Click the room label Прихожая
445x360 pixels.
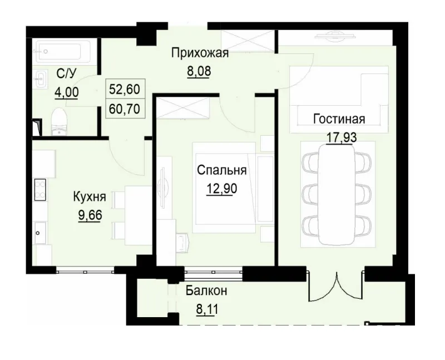tap(200, 53)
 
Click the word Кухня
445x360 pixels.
tap(90, 196)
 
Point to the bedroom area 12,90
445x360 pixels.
tap(221, 189)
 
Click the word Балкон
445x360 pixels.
tap(206, 290)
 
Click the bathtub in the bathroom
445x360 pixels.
tap(63, 51)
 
